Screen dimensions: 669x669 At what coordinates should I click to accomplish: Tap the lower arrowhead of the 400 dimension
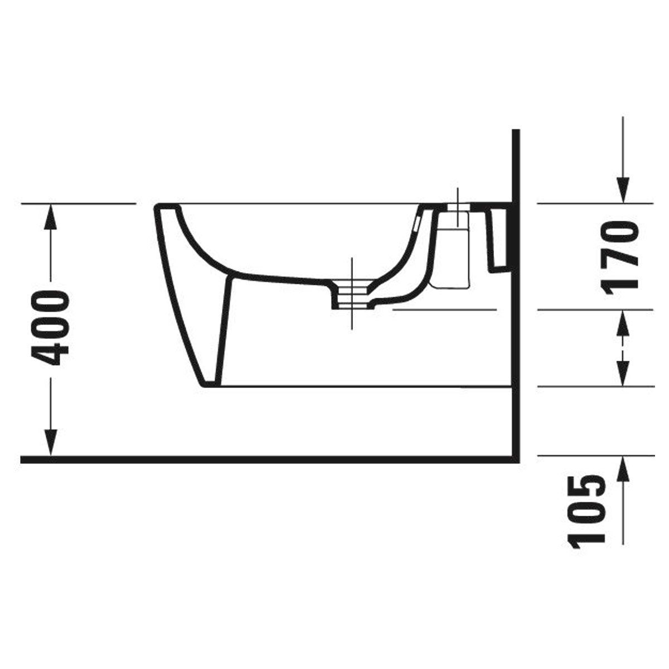[51, 442]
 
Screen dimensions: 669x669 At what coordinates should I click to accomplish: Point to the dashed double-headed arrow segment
[623, 347]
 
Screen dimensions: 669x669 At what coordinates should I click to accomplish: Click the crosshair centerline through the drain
[352, 293]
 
